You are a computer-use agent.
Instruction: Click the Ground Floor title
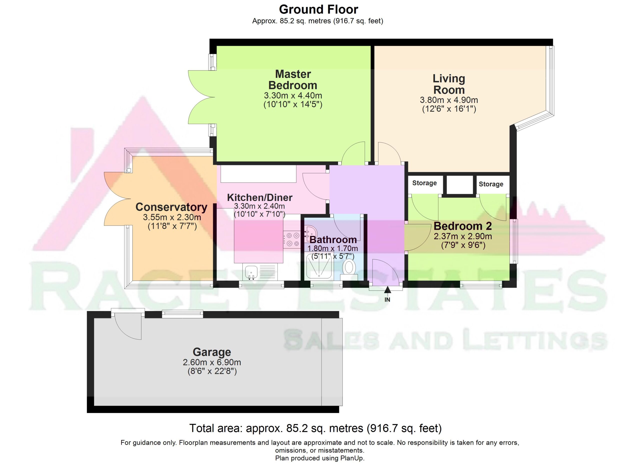318,10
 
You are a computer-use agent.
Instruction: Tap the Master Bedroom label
293,80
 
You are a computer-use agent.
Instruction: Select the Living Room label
449,84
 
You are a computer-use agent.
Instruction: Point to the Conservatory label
171,207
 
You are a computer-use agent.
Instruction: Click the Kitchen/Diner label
259,197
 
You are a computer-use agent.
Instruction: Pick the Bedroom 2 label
462,226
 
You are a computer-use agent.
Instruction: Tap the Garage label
212,352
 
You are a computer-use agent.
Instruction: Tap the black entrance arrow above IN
387,290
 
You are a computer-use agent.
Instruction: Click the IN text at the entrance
387,300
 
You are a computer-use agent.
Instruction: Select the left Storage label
424,183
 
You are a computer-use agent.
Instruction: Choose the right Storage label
491,184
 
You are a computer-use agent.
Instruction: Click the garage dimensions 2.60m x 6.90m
212,362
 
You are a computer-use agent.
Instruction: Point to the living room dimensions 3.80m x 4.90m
449,100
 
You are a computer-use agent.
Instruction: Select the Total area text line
315,428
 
